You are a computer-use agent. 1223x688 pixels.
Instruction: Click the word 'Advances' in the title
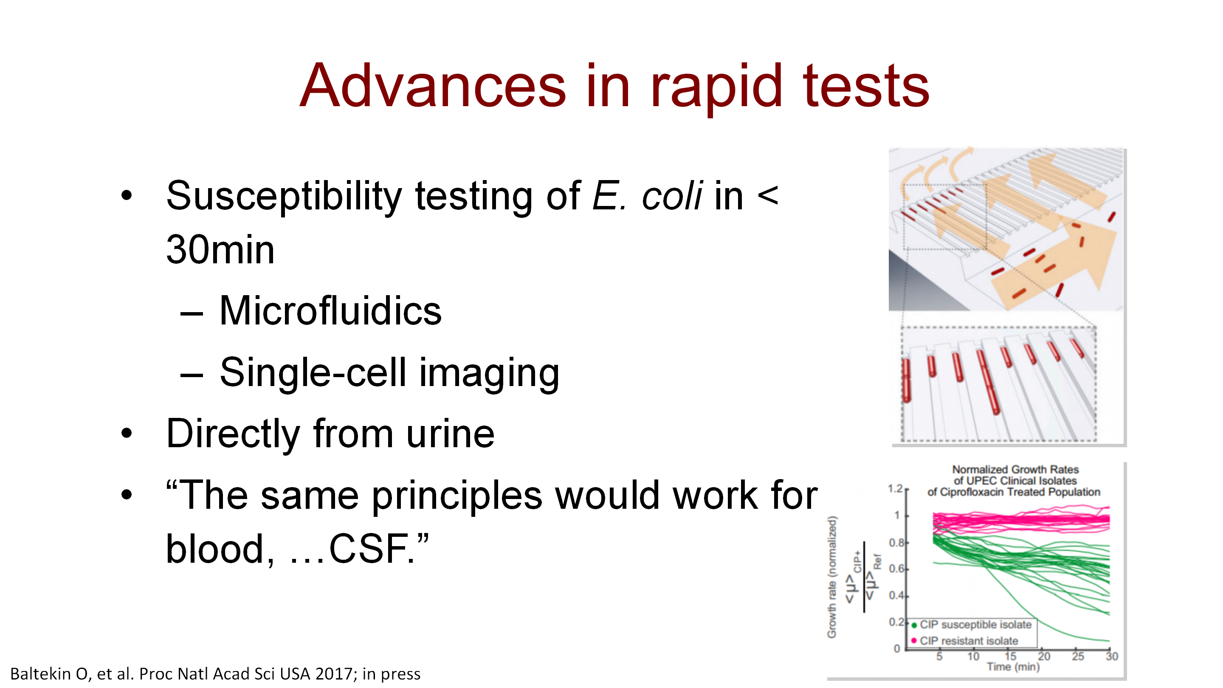coord(433,85)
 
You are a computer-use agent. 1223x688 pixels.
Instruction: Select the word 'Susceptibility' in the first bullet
coord(284,197)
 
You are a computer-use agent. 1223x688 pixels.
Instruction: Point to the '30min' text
coord(220,250)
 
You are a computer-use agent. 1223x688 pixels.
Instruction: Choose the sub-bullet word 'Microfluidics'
coord(330,310)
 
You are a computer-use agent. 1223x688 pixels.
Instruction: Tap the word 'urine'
coord(451,434)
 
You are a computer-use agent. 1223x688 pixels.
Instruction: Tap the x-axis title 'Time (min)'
coord(1013,667)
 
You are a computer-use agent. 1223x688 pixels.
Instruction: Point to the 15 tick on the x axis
coord(1010,656)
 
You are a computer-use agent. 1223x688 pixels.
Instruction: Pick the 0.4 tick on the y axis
coord(896,595)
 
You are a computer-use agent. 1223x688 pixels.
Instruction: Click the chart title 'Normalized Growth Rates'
coord(1015,470)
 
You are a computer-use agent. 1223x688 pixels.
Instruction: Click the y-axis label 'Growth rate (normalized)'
coord(832,577)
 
